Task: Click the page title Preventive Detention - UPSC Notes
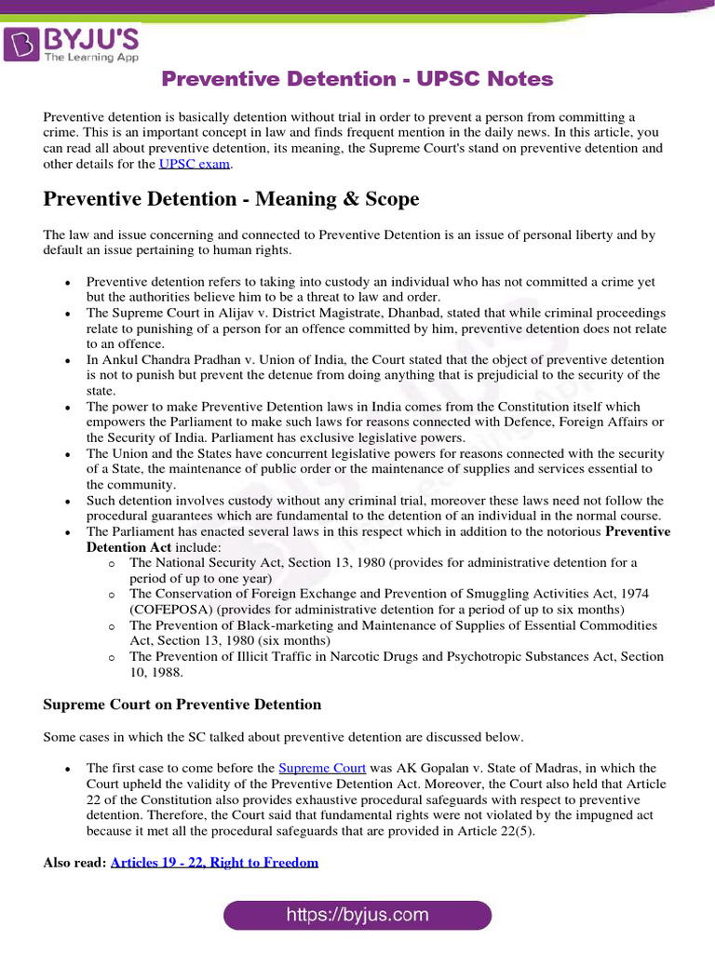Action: (x=357, y=79)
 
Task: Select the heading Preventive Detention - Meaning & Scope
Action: (x=231, y=199)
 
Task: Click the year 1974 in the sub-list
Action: (x=631, y=594)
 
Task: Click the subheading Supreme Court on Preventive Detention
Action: (x=182, y=705)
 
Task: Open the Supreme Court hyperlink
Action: (x=322, y=768)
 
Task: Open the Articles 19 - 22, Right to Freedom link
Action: (x=214, y=863)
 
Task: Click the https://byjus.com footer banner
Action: (x=357, y=915)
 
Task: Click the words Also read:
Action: (x=74, y=863)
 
